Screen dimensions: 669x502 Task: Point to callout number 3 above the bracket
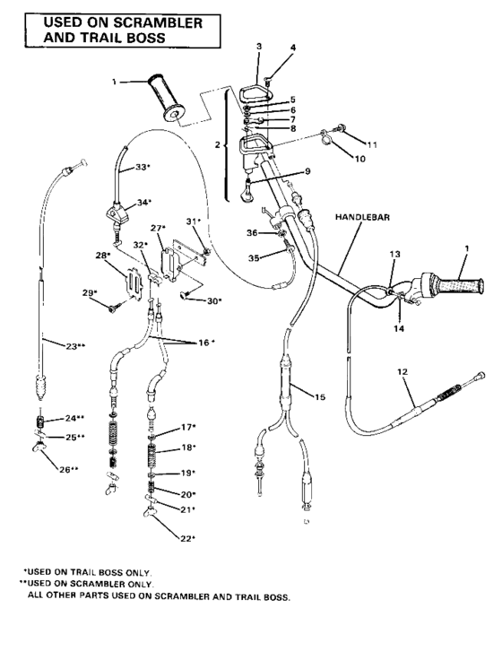[258, 45]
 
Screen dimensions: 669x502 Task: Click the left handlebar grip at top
[170, 94]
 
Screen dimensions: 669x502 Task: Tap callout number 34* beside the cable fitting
[143, 203]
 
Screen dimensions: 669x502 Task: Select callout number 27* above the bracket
[160, 229]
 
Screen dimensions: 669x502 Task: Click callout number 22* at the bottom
[186, 538]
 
